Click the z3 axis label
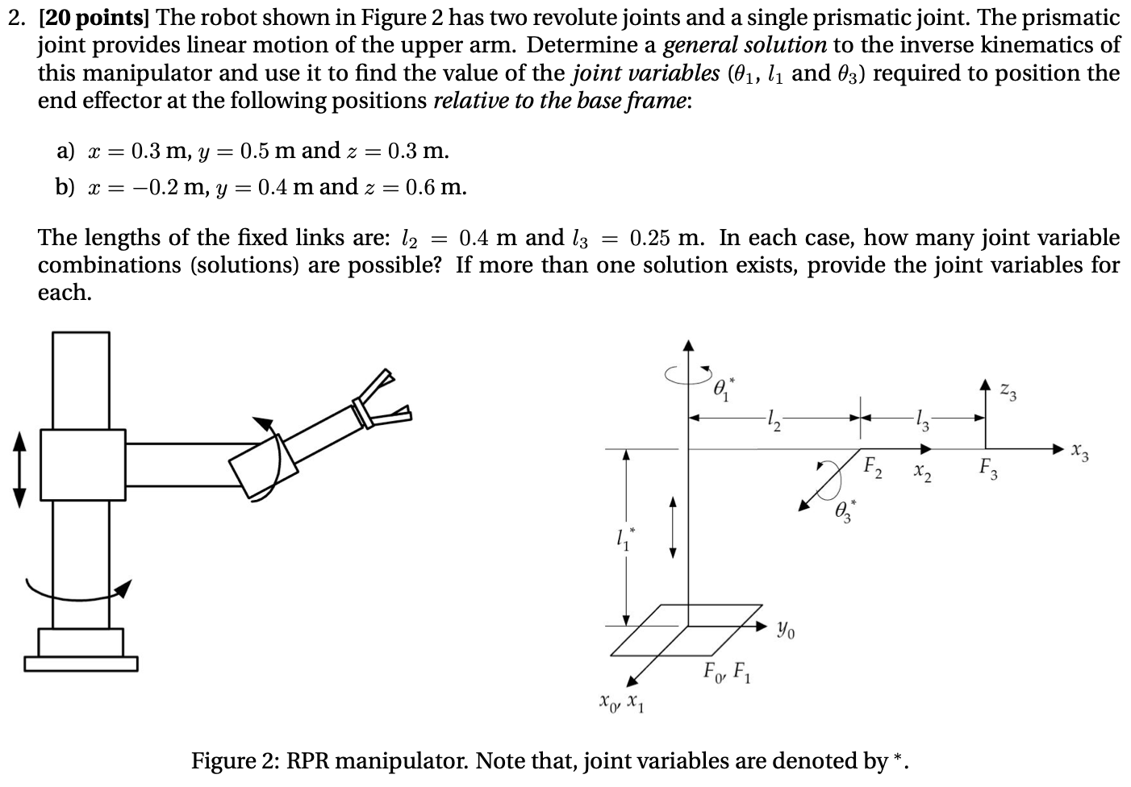click(x=1008, y=394)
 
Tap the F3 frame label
click(x=988, y=468)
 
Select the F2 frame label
click(x=872, y=467)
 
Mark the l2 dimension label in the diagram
click(x=773, y=418)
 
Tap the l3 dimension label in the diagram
click(x=921, y=418)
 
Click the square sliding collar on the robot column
click(x=82, y=464)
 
